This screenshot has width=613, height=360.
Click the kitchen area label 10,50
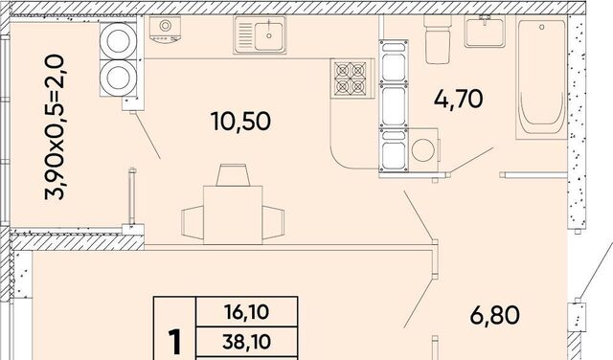click(x=240, y=122)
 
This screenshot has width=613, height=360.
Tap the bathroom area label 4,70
click(x=458, y=99)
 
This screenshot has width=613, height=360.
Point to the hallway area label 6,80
click(x=494, y=315)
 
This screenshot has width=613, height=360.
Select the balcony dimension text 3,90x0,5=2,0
click(x=54, y=127)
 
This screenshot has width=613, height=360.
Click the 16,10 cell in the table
click(x=247, y=312)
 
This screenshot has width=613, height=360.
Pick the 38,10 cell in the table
click(x=247, y=342)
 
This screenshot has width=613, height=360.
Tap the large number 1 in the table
click(x=174, y=342)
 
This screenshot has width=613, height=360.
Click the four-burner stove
click(x=351, y=79)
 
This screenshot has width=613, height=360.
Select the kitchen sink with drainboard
click(x=260, y=34)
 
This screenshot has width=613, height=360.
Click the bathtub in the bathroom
click(x=541, y=79)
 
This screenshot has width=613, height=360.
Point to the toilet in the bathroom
click(x=438, y=39)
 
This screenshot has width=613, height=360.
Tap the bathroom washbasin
click(x=485, y=32)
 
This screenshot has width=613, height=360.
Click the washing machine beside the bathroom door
click(x=423, y=150)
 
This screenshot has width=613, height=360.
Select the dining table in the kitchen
click(x=233, y=215)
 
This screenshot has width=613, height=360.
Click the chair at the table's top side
click(x=233, y=175)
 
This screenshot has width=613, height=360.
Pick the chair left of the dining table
click(x=193, y=222)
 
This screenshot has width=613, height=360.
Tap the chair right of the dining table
click(x=273, y=222)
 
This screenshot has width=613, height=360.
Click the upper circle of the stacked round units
click(x=118, y=41)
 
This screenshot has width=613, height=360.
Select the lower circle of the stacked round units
click(x=118, y=78)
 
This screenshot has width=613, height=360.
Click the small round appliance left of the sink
click(x=165, y=30)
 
